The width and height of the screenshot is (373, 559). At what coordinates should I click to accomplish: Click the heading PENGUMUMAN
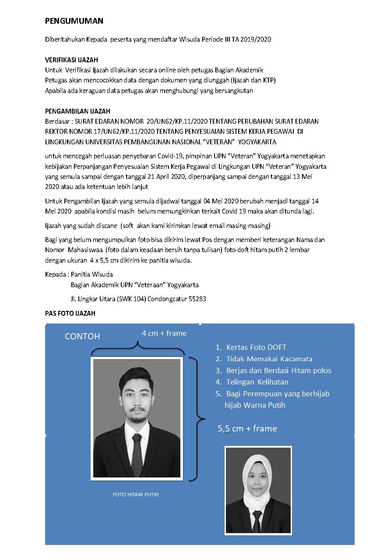click(x=74, y=21)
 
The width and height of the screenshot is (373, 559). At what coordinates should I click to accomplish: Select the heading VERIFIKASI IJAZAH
click(x=72, y=60)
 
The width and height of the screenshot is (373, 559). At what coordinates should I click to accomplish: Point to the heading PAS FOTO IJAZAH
click(x=70, y=313)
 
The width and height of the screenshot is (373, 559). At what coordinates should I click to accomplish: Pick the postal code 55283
click(x=197, y=299)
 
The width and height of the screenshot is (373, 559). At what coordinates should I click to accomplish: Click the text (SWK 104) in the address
click(x=128, y=299)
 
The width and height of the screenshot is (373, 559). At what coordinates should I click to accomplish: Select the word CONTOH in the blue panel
click(x=82, y=336)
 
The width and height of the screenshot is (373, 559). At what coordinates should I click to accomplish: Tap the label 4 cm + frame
click(x=164, y=333)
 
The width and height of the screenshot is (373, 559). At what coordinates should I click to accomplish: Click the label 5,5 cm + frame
click(x=247, y=428)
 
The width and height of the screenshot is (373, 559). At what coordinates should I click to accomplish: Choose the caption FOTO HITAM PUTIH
click(x=136, y=495)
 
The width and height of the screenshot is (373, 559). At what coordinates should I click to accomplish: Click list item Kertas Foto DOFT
click(x=256, y=347)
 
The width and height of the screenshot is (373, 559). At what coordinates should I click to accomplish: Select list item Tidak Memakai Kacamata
click(x=269, y=359)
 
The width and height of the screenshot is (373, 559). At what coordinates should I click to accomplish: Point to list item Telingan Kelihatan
click(x=257, y=382)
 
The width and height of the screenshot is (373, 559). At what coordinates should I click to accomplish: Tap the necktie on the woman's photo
click(x=257, y=520)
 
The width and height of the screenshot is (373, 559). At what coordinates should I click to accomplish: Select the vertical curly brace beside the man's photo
click(x=197, y=419)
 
